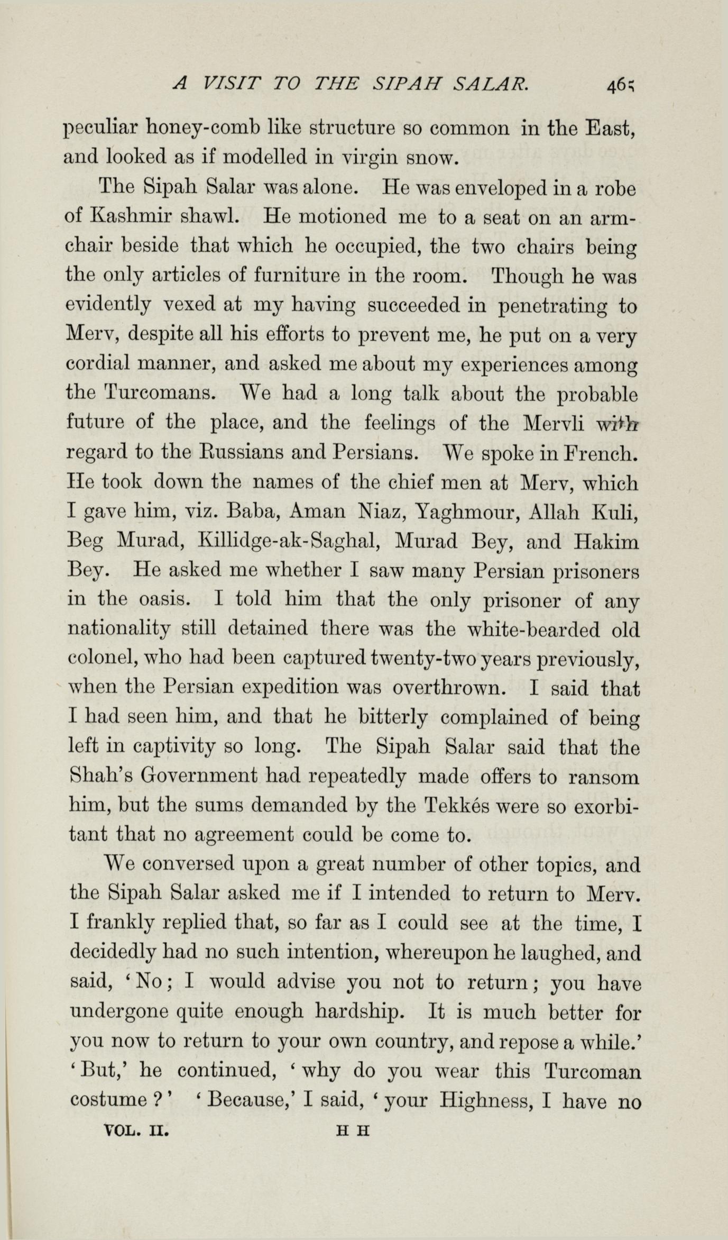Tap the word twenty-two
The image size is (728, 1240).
tap(431, 659)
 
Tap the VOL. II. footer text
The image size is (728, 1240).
tap(137, 1130)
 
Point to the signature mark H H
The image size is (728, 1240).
tap(353, 1131)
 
